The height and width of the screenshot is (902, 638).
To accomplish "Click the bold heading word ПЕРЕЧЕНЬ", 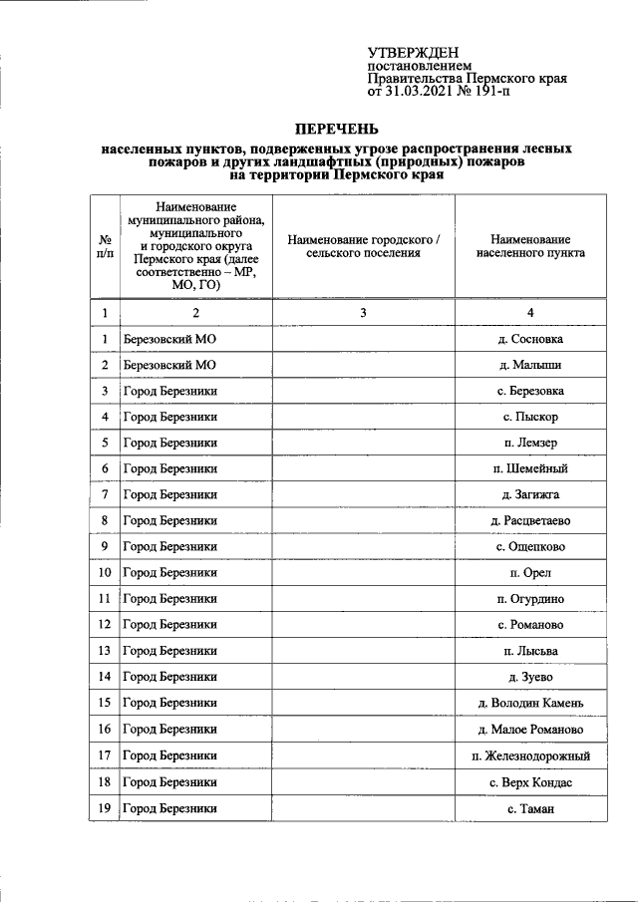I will (x=336, y=129).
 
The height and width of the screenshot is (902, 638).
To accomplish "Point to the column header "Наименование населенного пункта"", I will (x=530, y=246).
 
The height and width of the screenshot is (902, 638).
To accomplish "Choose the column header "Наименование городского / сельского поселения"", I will (x=363, y=246).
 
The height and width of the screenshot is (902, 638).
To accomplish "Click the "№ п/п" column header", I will (x=104, y=246).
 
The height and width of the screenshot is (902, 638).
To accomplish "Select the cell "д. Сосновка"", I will (x=530, y=340).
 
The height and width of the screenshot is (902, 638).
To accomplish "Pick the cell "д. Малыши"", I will (x=530, y=366).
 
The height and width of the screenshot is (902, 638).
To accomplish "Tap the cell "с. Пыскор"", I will (x=530, y=417).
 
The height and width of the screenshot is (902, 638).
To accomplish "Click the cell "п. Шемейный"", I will (x=530, y=468).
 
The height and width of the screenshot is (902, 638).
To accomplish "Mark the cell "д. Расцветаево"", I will (x=530, y=520).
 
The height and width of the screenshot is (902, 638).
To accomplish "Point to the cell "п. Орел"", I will (x=530, y=572).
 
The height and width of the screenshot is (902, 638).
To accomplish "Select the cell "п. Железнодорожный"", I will (x=530, y=755).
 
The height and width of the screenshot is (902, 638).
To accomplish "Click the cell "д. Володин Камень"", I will (x=530, y=704).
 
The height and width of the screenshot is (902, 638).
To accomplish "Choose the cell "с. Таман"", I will (x=530, y=808).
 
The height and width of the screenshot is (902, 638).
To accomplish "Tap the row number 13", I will (x=104, y=651).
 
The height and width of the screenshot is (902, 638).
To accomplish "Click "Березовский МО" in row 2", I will (x=169, y=366).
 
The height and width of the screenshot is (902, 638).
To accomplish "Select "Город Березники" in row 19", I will (x=169, y=808).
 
